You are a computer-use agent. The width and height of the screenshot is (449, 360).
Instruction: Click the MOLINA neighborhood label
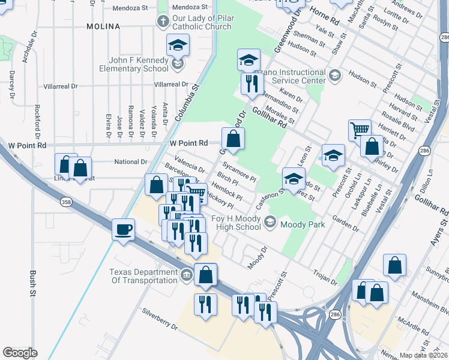(x=103, y=26)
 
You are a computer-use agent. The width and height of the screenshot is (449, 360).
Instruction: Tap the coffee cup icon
(x=124, y=230)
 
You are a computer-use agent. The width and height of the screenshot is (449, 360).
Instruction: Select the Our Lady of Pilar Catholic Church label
(x=202, y=23)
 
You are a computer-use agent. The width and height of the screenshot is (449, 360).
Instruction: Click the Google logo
(x=20, y=353)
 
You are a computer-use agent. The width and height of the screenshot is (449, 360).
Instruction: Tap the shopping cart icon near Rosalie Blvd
(x=359, y=130)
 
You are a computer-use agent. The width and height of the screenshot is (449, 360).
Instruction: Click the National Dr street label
(x=130, y=162)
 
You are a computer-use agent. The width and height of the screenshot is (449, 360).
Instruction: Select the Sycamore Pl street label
(x=240, y=171)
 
